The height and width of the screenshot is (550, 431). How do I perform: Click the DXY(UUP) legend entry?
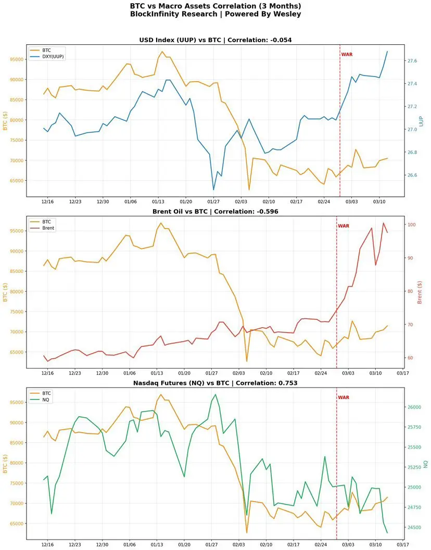[54, 56]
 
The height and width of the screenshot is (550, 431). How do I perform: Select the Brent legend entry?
[48, 228]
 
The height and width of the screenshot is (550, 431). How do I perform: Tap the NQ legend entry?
[46, 399]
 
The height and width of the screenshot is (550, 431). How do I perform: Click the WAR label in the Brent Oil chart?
[344, 226]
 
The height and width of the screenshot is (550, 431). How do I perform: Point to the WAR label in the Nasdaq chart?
[344, 397]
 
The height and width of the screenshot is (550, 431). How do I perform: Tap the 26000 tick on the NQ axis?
[415, 407]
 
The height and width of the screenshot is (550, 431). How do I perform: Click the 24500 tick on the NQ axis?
[415, 528]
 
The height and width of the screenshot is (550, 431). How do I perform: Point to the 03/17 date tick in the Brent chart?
[402, 373]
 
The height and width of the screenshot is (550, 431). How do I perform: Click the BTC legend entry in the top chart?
[47, 50]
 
